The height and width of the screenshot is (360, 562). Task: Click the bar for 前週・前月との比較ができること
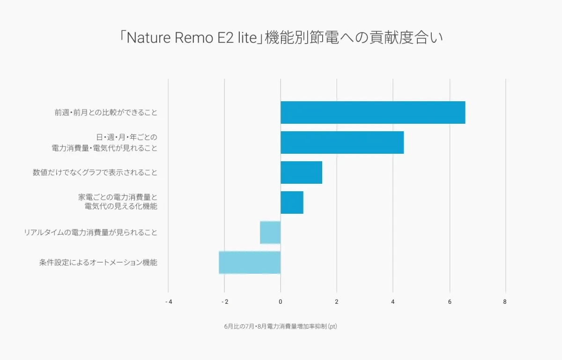[373, 112]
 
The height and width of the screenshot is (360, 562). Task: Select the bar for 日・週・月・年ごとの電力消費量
[342, 142]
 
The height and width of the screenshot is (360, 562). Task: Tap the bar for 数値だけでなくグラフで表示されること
[301, 172]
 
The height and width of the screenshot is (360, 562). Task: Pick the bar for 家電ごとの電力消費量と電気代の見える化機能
[292, 202]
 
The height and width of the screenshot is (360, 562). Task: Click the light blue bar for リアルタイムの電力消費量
[270, 232]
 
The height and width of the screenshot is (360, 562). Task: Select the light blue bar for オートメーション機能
[250, 262]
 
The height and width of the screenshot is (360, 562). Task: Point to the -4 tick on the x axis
[169, 302]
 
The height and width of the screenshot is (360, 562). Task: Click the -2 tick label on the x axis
[225, 302]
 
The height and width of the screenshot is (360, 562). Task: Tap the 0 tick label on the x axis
[281, 302]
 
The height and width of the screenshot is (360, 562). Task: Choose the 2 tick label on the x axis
[337, 302]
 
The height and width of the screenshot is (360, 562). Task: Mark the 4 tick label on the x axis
[393, 302]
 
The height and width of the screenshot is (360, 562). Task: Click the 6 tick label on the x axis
[450, 302]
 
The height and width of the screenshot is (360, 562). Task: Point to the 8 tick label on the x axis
[505, 302]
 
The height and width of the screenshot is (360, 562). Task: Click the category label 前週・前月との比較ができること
[106, 112]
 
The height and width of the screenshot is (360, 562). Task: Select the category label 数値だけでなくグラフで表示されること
[95, 172]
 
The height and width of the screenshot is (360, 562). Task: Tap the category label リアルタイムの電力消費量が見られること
[91, 232]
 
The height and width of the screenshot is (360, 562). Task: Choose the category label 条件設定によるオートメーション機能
[98, 262]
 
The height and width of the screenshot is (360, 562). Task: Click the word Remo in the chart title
[193, 38]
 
